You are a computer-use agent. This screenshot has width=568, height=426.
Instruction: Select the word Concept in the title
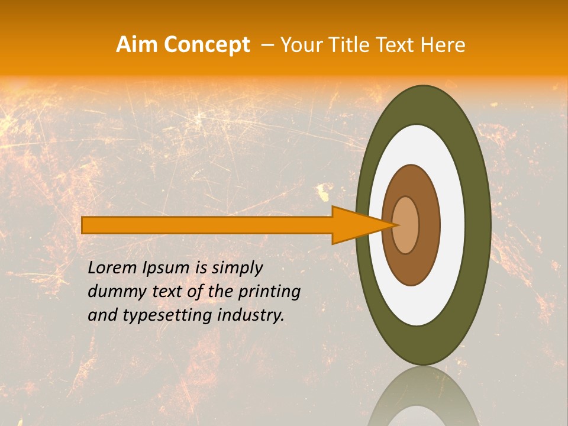pyautogui.click(x=207, y=44)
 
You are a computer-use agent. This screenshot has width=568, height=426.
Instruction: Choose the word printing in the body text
pyautogui.click(x=269, y=292)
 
